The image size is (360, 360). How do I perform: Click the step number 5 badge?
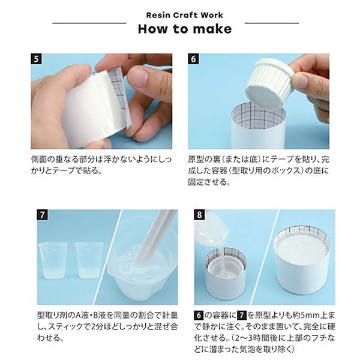36,59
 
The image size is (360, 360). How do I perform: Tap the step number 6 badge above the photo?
193,59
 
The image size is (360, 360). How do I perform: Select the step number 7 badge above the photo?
42,215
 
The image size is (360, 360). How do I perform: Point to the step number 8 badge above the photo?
200,215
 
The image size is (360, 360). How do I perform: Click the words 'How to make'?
185,29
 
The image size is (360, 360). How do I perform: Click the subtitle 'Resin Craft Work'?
185,15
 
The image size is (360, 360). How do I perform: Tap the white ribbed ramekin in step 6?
269,85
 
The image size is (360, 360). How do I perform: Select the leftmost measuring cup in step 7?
53,260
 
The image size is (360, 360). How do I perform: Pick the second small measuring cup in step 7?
89,260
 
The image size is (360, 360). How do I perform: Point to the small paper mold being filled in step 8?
226,273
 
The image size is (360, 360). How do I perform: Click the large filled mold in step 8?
302,261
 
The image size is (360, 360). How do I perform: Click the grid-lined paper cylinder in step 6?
258,125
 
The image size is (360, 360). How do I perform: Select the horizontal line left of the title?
89,23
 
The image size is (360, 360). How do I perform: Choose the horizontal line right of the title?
272,23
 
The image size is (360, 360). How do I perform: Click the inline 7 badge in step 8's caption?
242,315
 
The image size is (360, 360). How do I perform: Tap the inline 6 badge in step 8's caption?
199,315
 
